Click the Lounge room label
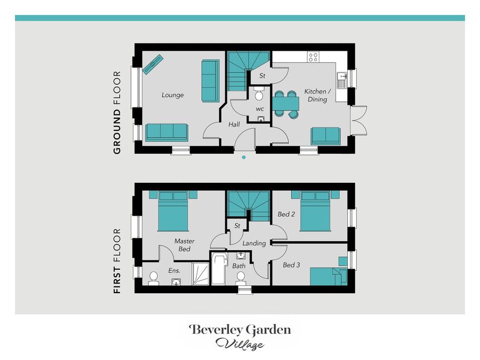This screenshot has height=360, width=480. [x=173, y=95]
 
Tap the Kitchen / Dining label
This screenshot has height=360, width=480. [x=317, y=95]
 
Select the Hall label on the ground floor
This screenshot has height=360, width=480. [x=234, y=124]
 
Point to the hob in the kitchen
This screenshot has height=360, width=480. [x=313, y=57]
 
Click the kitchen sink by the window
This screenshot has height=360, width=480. [x=341, y=80]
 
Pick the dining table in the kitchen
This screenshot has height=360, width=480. [x=286, y=104]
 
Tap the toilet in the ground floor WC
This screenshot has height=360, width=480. [x=259, y=94]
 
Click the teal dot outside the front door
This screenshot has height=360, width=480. [x=244, y=157]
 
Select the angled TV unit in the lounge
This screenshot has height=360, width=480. [x=153, y=64]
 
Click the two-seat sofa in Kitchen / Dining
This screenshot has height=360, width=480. [x=326, y=136]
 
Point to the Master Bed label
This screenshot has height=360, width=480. [x=185, y=245]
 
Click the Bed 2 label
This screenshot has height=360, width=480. [x=286, y=215]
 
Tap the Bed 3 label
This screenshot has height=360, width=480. [x=291, y=265]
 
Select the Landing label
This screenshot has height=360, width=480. [x=254, y=244]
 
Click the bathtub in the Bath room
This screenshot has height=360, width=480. [x=219, y=269]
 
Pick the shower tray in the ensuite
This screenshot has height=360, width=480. [x=201, y=274]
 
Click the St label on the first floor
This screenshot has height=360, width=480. [x=237, y=226]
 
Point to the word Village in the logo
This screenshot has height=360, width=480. [x=240, y=344]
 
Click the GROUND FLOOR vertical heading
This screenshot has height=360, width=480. [x=117, y=113]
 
